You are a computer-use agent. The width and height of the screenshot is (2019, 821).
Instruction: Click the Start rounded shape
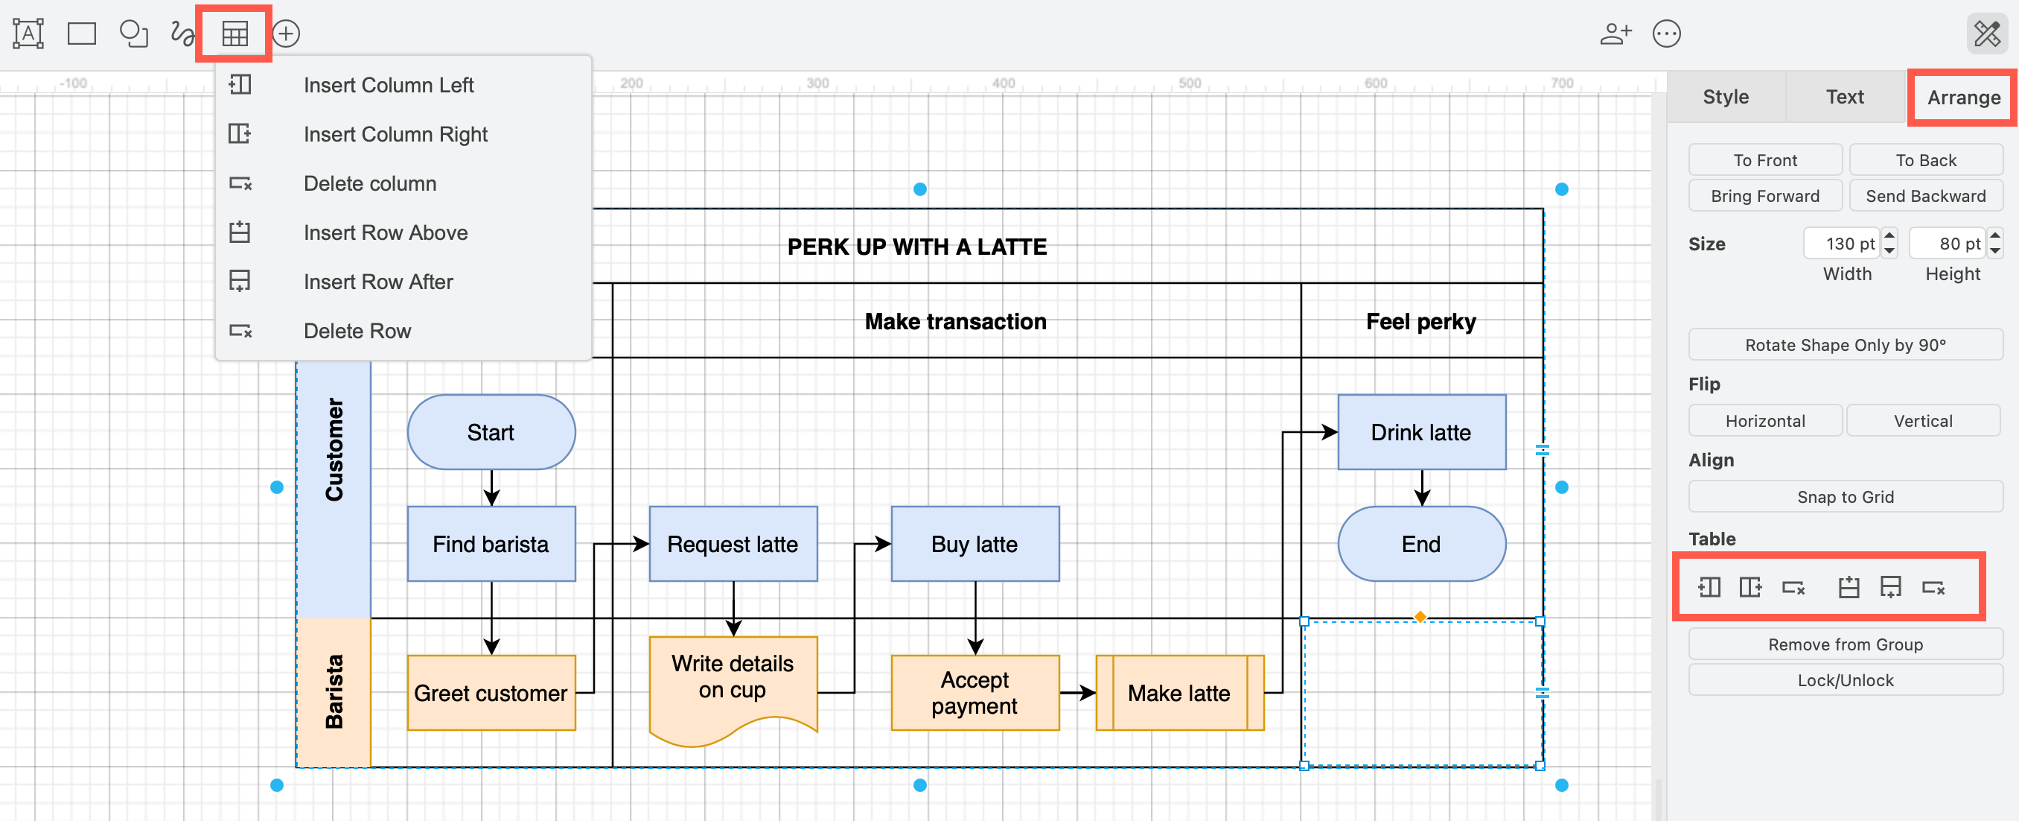click(x=491, y=432)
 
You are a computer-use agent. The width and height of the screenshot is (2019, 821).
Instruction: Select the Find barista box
click(x=491, y=543)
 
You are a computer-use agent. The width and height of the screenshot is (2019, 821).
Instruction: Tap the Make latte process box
click(x=1178, y=692)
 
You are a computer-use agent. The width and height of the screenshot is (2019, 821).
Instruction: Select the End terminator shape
click(x=1420, y=543)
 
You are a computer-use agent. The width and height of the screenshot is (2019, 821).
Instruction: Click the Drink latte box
click(x=1420, y=432)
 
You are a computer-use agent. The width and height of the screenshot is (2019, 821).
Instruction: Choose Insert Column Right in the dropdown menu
click(x=395, y=134)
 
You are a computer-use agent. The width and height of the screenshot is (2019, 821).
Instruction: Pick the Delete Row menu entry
click(x=357, y=331)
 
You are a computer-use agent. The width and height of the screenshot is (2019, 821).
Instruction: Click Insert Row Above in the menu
click(x=385, y=232)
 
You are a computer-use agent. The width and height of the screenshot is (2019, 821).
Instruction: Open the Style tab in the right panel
click(x=1725, y=96)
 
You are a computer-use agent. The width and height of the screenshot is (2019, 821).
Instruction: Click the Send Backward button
click(x=1925, y=196)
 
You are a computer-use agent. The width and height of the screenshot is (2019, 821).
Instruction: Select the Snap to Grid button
click(x=1844, y=496)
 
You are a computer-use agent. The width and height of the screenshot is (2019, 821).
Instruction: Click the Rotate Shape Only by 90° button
click(x=1844, y=345)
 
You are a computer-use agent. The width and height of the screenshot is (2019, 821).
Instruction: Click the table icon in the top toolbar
click(x=235, y=34)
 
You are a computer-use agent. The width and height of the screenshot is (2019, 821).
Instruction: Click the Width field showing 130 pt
click(x=1842, y=244)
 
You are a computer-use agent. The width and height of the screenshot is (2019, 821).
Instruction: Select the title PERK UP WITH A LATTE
click(x=916, y=247)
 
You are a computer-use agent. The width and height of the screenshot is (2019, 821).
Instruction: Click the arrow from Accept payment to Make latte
click(x=1077, y=692)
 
